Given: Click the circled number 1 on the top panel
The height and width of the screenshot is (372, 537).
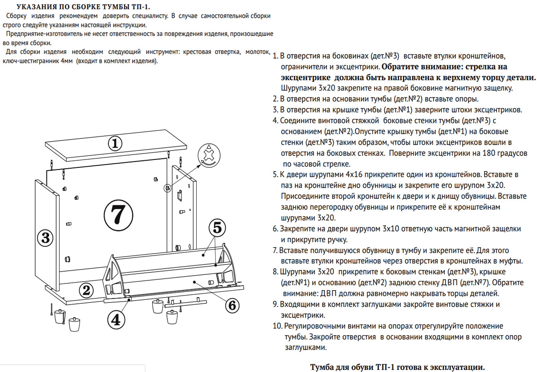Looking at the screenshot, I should [116, 143].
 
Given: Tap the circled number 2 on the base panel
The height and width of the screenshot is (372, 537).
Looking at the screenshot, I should [86, 290].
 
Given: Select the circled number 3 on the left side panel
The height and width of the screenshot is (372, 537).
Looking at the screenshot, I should [45, 238].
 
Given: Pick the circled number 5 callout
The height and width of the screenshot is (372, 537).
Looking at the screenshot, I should [218, 227].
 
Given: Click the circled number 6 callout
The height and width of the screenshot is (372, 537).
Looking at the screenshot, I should [232, 305].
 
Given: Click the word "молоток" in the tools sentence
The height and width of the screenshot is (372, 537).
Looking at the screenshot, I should [258, 52].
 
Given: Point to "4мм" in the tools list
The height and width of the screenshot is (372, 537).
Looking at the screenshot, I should [66, 61].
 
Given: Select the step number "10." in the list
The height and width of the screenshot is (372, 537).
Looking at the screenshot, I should [277, 326].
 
